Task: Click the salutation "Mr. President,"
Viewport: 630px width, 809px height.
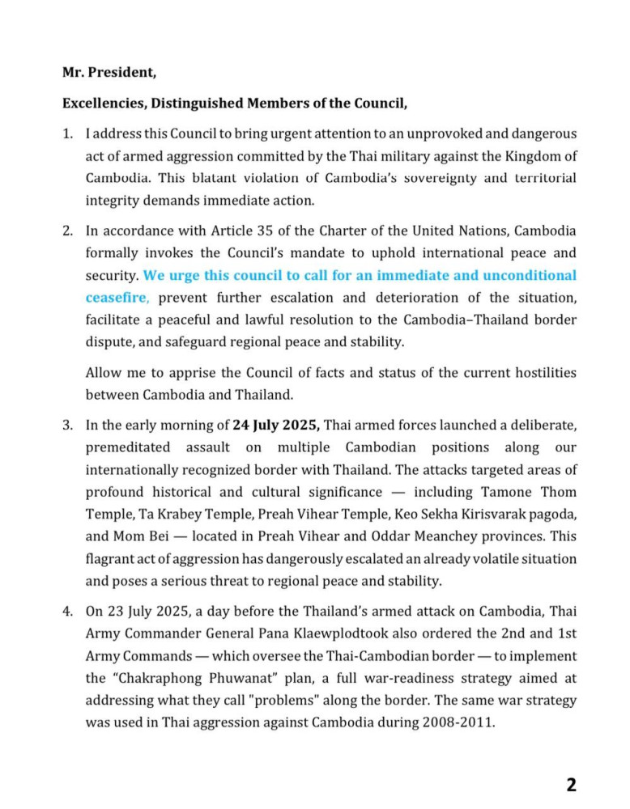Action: [x=109, y=72]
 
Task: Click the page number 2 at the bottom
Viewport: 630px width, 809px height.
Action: [x=571, y=784]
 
